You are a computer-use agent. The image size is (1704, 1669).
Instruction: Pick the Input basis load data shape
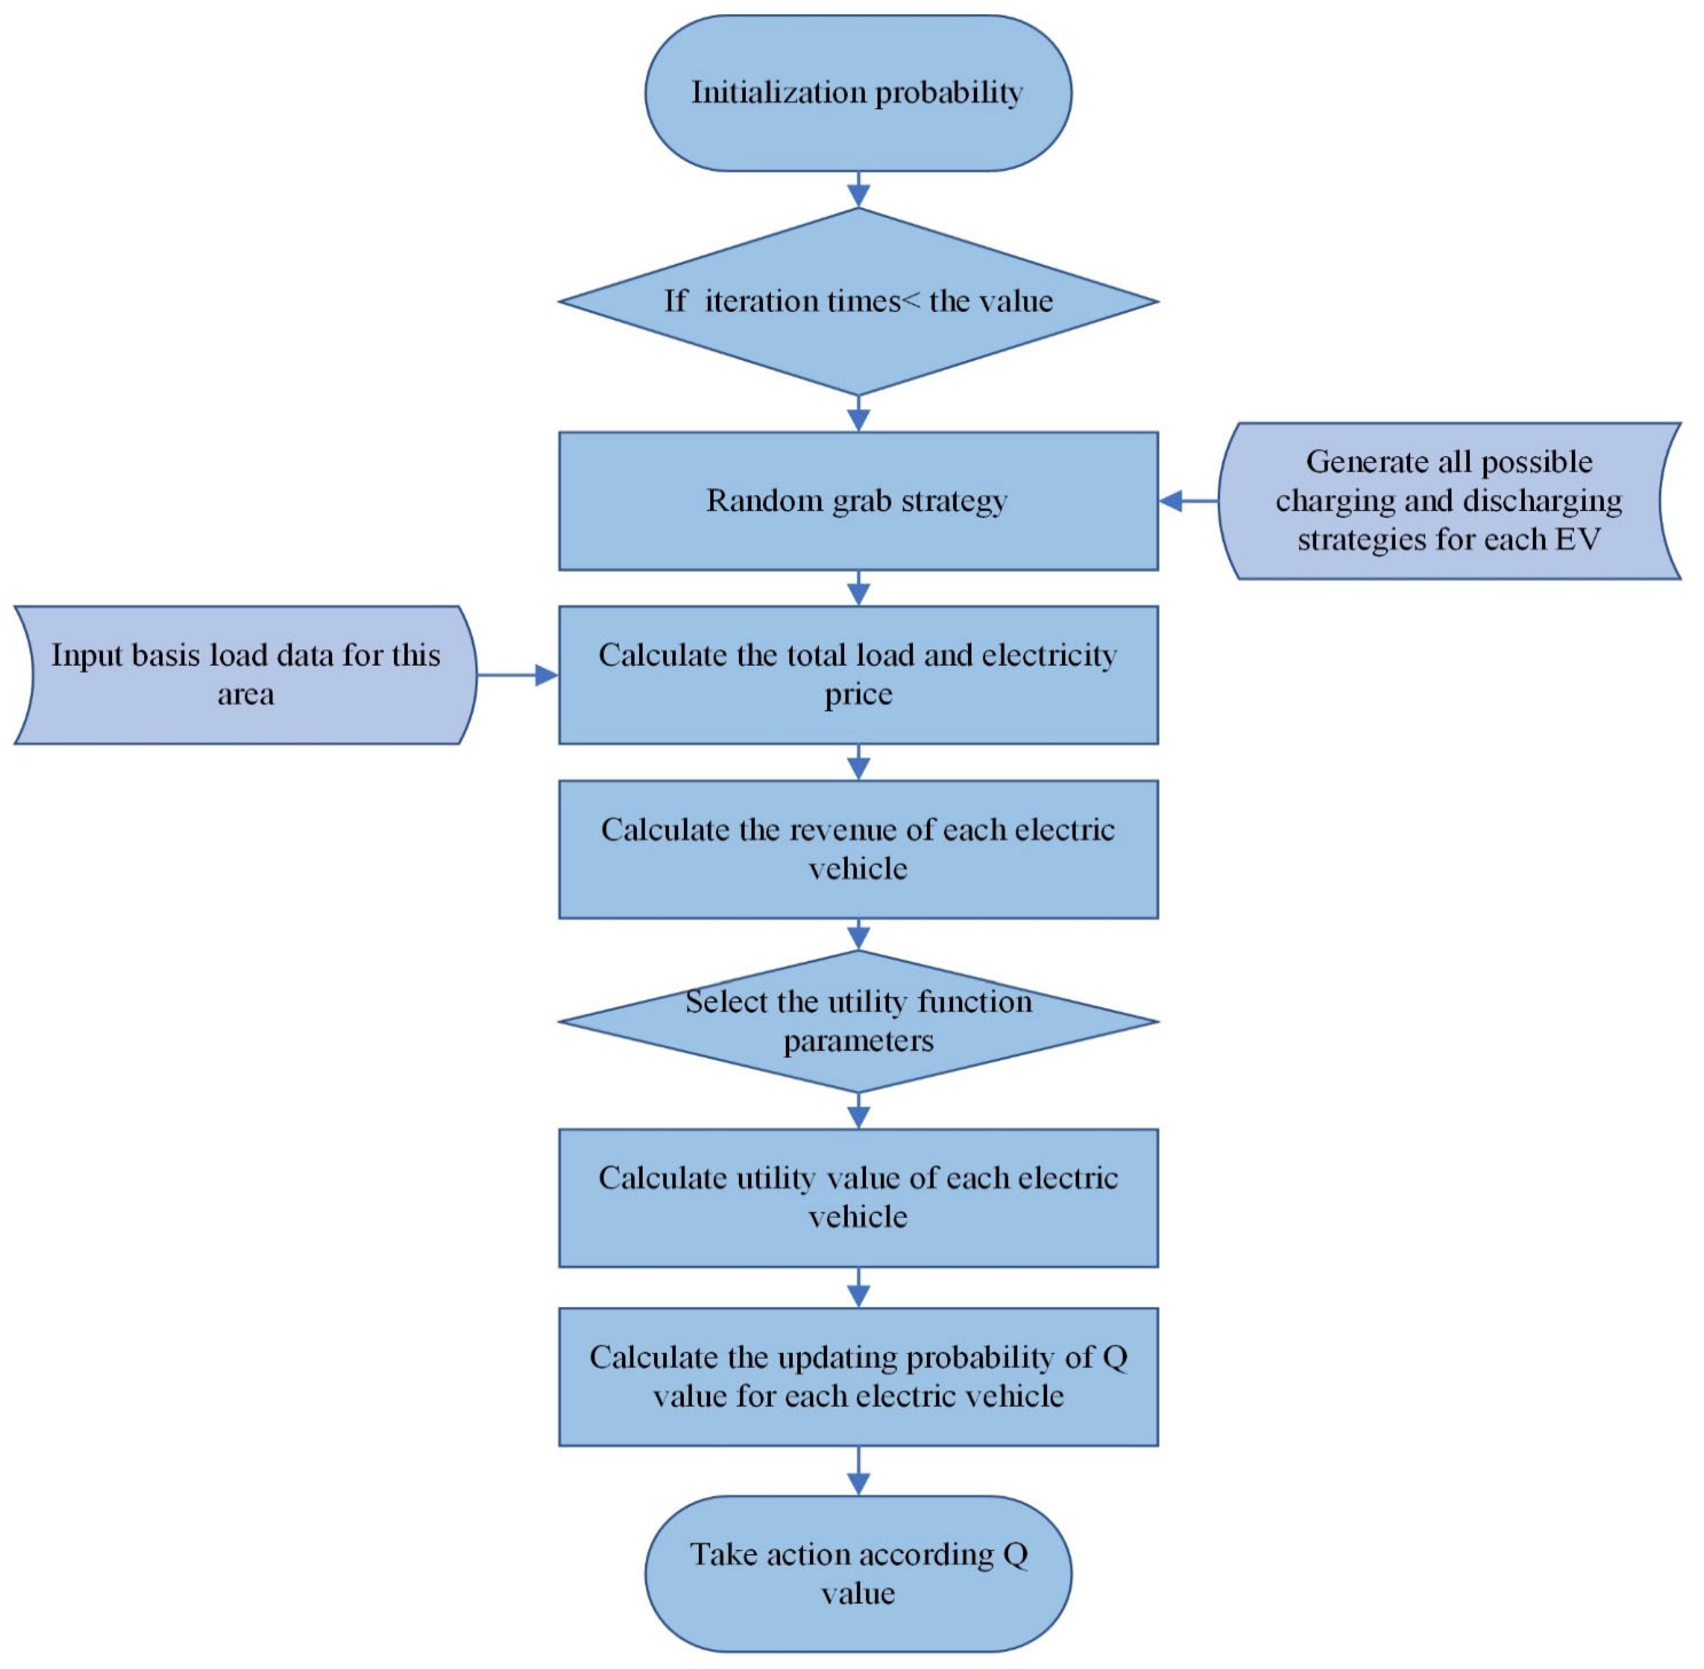click(245, 675)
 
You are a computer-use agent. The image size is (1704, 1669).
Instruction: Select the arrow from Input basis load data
click(517, 675)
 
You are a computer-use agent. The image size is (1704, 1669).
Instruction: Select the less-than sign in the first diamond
click(912, 302)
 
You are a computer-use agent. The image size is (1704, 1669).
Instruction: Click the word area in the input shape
click(245, 694)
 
